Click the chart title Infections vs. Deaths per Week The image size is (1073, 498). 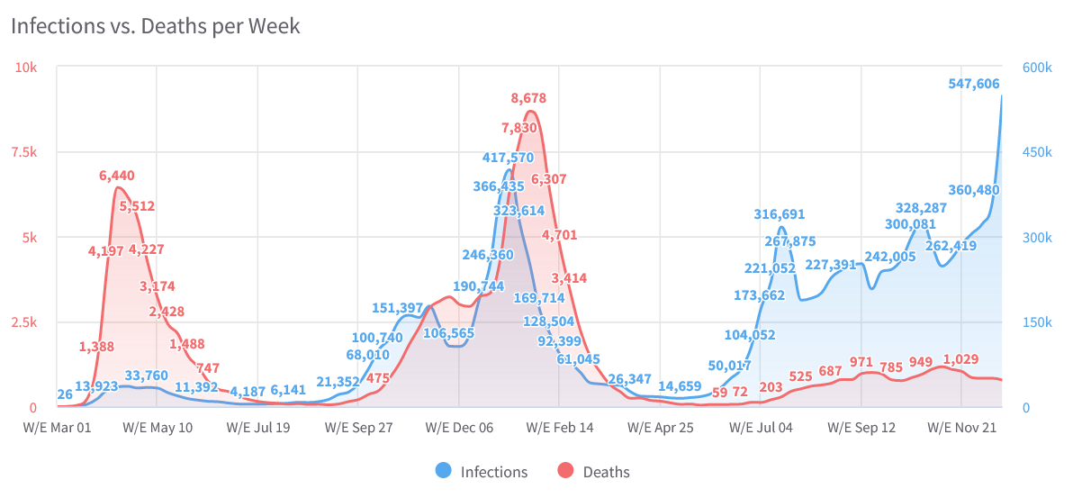[x=156, y=26]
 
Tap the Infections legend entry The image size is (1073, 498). [x=482, y=471]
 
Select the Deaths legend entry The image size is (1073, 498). [x=595, y=471]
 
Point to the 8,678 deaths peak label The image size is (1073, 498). [x=528, y=98]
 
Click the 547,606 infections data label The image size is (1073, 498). [x=974, y=84]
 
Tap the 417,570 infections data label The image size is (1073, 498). [x=508, y=158]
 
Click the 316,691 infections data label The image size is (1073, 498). [x=779, y=214]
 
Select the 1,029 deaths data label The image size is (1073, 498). [x=960, y=359]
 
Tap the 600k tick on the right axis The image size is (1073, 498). [x=1038, y=68]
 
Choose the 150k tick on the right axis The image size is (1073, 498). [x=1038, y=322]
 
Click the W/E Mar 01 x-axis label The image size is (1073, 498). [x=56, y=428]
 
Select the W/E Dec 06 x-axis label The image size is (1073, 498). [x=459, y=428]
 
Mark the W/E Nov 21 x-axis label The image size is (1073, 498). [x=962, y=428]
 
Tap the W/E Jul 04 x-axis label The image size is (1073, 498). [x=761, y=428]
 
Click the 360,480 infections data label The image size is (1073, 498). [x=974, y=190]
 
